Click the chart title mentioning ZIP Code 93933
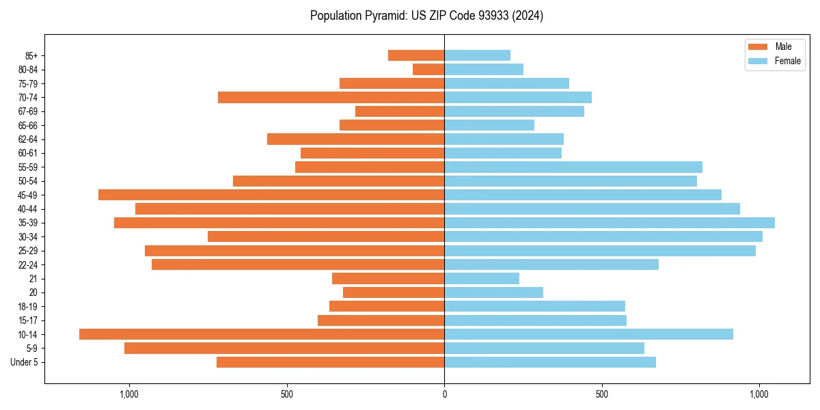click(426, 16)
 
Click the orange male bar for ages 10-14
click(262, 334)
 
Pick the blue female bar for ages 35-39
click(610, 223)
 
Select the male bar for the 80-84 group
click(428, 70)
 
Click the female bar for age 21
click(482, 279)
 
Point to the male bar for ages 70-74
click(331, 98)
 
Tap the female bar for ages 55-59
click(573, 167)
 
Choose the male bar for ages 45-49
click(271, 195)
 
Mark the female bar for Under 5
click(550, 362)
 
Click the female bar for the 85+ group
click(477, 55)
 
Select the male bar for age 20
click(394, 292)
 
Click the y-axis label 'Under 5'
click(25, 362)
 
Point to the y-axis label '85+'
click(30, 55)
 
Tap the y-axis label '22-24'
click(28, 264)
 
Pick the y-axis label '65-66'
click(28, 126)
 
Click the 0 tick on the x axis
click(444, 394)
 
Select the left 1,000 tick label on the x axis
click(129, 394)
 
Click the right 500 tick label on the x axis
click(601, 394)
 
